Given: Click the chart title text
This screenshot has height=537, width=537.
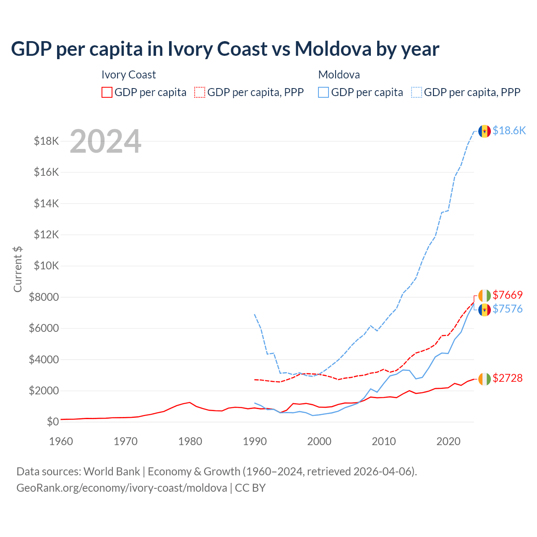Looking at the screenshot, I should [225, 49].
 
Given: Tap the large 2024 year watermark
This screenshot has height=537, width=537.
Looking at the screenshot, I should [105, 141].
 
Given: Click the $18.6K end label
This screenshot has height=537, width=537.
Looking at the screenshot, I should [509, 130].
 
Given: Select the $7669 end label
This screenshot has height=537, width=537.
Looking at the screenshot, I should [508, 295].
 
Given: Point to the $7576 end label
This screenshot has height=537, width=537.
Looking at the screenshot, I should [508, 309].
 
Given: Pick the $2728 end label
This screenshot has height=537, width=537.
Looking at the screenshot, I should [508, 378].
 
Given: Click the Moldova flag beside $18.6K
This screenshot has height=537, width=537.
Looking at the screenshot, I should [485, 131].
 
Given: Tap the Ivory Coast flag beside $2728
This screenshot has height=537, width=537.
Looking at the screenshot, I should [485, 378].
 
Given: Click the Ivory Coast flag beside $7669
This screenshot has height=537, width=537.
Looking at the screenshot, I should [485, 295].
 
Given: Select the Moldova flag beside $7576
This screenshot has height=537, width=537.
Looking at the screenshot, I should [485, 310].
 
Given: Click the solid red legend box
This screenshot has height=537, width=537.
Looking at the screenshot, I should [107, 92].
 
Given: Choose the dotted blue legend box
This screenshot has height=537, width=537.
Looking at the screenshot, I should [417, 92].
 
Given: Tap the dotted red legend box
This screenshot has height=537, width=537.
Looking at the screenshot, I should [200, 92].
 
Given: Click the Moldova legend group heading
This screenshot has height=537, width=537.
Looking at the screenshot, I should [339, 75].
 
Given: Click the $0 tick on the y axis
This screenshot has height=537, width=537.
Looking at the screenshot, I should [52, 422].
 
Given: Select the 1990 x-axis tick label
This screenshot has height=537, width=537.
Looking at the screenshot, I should [255, 441].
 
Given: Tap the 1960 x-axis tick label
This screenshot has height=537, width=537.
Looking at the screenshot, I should [61, 441].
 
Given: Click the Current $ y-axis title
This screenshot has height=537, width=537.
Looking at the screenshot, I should [18, 269].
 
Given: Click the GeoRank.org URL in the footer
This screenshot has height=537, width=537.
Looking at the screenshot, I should [122, 488].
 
